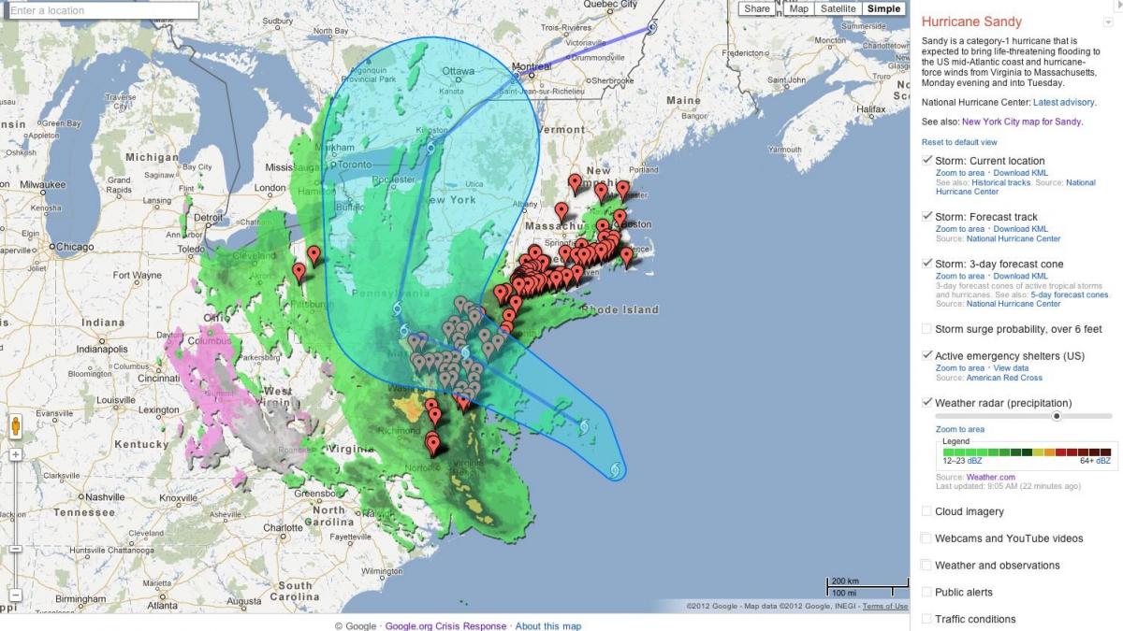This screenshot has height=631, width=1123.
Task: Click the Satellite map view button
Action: pyautogui.click(x=838, y=9)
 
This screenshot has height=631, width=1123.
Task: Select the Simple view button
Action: pyautogui.click(x=883, y=9)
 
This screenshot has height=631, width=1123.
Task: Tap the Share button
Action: pyautogui.click(x=757, y=9)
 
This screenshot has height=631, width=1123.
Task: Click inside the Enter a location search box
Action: pyautogui.click(x=103, y=11)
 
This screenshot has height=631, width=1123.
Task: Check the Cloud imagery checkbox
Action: pyautogui.click(x=926, y=511)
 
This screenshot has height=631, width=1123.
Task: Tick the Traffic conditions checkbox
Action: pyautogui.click(x=926, y=619)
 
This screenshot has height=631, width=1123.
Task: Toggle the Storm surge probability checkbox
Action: pyautogui.click(x=926, y=329)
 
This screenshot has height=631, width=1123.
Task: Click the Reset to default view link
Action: pyautogui.click(x=959, y=142)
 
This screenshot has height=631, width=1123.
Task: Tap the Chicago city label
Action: pyautogui.click(x=74, y=248)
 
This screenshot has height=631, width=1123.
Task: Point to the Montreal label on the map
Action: pyautogui.click(x=532, y=67)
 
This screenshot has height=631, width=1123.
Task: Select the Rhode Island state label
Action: pyautogui.click(x=620, y=310)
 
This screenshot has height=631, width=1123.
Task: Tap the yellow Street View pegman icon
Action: pyautogui.click(x=15, y=427)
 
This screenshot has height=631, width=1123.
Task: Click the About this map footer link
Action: pyautogui.click(x=548, y=626)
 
